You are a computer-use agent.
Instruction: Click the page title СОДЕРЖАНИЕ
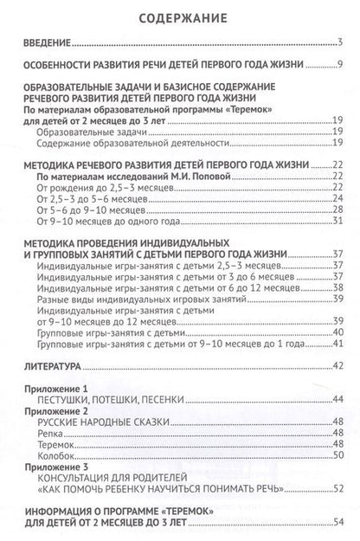(x=180, y=16)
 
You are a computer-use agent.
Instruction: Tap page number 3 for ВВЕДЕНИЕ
(x=342, y=44)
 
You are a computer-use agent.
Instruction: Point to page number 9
(x=342, y=66)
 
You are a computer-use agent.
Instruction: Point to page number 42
(x=338, y=366)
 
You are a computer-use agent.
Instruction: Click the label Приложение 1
(x=51, y=390)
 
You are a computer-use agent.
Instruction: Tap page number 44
(x=338, y=401)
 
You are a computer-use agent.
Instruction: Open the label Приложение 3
(x=51, y=466)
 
